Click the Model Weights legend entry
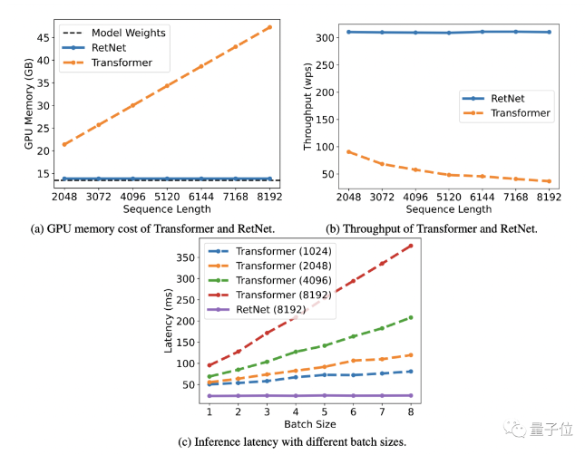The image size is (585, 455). tap(114, 33)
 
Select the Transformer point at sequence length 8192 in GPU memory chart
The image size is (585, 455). tap(269, 27)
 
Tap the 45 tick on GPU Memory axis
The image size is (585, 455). tap(43, 38)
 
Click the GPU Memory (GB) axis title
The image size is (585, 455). tap(29, 103)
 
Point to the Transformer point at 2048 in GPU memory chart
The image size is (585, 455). tap(64, 144)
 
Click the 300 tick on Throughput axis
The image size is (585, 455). tap(325, 38)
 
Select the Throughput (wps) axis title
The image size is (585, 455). tap(307, 107)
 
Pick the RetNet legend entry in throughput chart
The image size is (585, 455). tap(493, 99)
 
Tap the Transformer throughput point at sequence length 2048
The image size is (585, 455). tap(349, 151)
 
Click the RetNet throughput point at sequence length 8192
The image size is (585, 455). tap(550, 32)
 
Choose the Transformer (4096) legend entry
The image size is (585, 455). tap(269, 280)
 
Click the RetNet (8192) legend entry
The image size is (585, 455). tap(257, 310)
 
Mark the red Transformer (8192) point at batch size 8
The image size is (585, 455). tap(411, 246)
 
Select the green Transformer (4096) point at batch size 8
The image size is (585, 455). tap(411, 317)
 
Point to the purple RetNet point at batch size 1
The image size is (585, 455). tap(210, 396)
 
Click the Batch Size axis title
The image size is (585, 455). tap(310, 424)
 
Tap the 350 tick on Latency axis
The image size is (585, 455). tap(185, 257)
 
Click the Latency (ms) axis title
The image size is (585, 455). tap(169, 320)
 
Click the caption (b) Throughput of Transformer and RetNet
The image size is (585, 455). tap(432, 228)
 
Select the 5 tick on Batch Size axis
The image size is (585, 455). tap(325, 411)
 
